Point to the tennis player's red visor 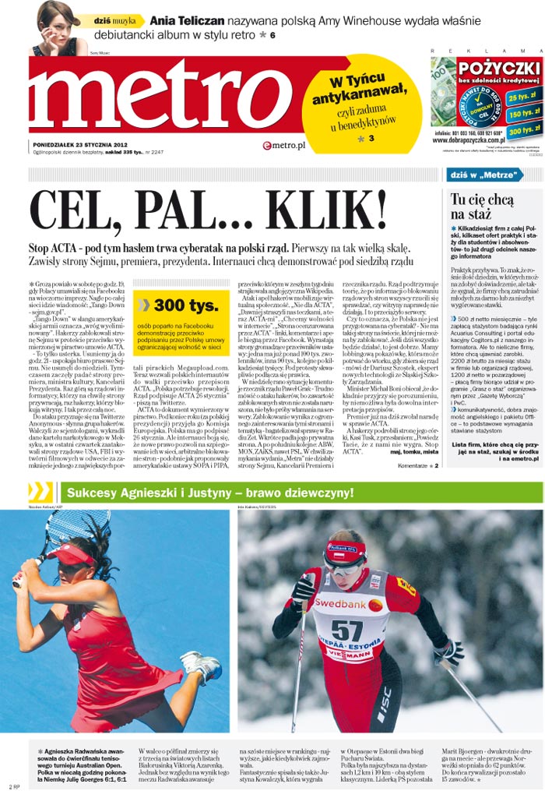pyautogui.click(x=70, y=554)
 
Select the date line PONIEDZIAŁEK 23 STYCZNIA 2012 pyautogui.click(x=80, y=143)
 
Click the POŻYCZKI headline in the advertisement pyautogui.click(x=499, y=68)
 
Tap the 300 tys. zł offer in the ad pyautogui.click(x=522, y=130)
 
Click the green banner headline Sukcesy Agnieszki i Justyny pyautogui.click(x=210, y=493)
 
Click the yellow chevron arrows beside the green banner pyautogui.click(x=40, y=492)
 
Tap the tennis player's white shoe pyautogui.click(x=202, y=667)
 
